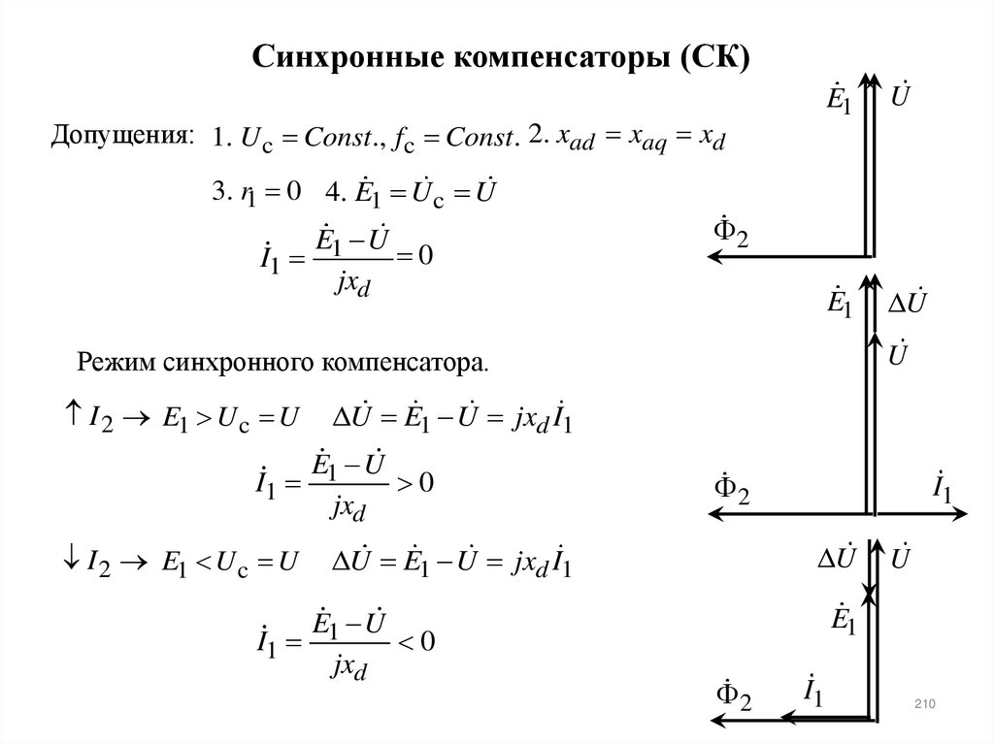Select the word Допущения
[122, 137]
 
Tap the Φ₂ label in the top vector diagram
[731, 233]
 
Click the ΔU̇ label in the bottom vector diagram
[833, 558]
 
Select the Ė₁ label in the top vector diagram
[836, 100]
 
